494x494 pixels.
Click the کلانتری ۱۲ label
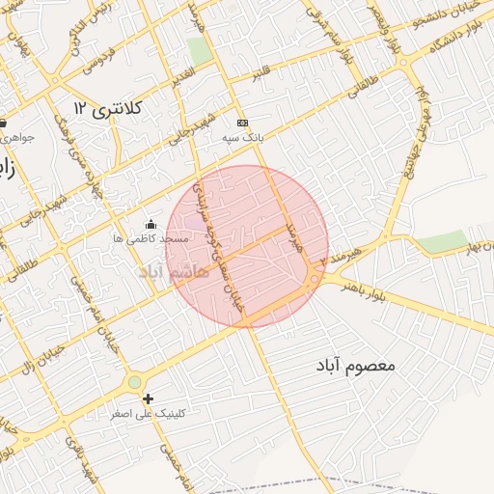pyautogui.click(x=109, y=108)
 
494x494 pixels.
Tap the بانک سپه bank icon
pyautogui.click(x=242, y=123)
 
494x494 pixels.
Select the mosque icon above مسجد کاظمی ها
pyautogui.click(x=150, y=225)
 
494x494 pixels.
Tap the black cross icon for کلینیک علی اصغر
pyautogui.click(x=148, y=398)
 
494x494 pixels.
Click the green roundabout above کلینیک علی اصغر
pyautogui.click(x=134, y=383)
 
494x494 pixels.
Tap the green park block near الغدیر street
pyautogui.click(x=200, y=49)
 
